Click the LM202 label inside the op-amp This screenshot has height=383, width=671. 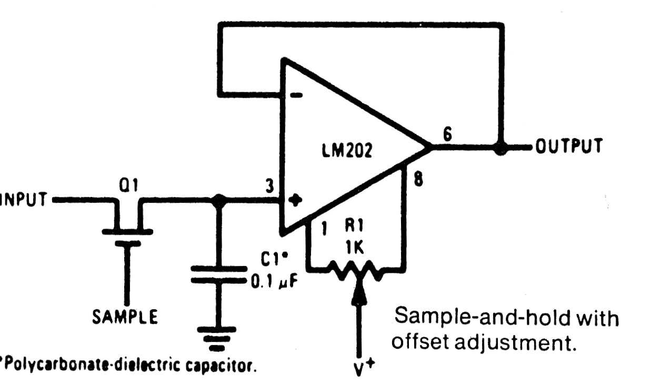click(x=347, y=151)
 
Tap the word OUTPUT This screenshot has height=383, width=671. click(x=568, y=146)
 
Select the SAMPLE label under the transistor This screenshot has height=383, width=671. click(x=125, y=317)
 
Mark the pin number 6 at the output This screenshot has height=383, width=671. click(x=447, y=134)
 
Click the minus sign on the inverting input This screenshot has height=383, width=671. click(x=297, y=95)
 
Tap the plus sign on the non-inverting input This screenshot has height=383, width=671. click(x=297, y=200)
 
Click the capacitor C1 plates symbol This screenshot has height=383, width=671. click(x=218, y=274)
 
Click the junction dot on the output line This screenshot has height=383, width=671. click(x=500, y=148)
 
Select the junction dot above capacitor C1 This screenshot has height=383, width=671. click(x=218, y=200)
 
